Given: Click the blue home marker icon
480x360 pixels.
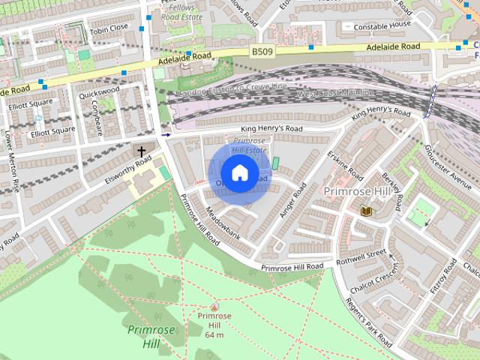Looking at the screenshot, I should (x=239, y=173).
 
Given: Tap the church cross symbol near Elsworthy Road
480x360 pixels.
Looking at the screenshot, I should (x=140, y=151).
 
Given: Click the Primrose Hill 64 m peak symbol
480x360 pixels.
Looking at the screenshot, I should (x=214, y=306).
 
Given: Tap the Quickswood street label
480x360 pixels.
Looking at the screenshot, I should (x=99, y=91).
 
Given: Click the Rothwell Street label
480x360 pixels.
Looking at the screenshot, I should (x=361, y=256).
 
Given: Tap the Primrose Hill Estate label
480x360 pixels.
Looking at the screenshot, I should (x=250, y=145).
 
